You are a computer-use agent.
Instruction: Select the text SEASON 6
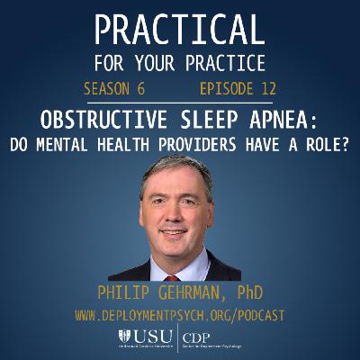(114, 90)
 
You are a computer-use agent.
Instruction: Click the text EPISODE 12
(237, 90)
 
